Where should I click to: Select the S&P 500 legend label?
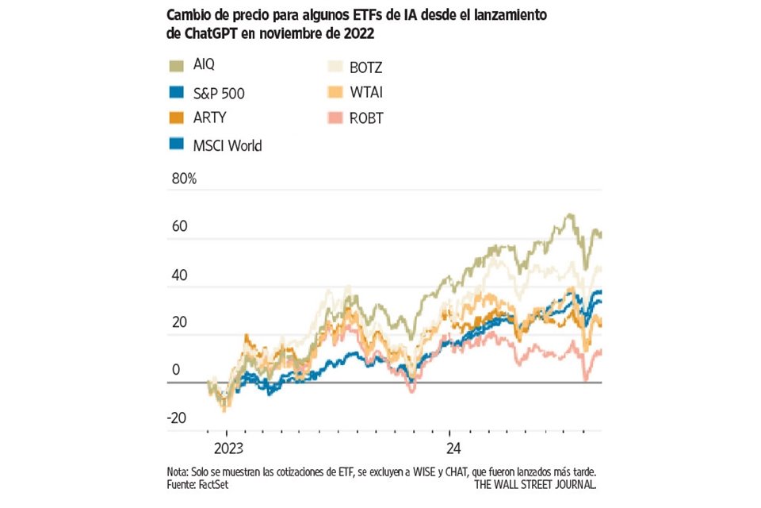point(220,93)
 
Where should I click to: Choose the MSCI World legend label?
point(228,145)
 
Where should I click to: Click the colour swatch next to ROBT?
point(336,119)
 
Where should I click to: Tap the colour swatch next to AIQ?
point(178,65)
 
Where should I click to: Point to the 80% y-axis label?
point(184,179)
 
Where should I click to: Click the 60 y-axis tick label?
point(179,227)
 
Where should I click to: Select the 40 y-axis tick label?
point(179,275)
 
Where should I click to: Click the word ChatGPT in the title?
point(206,34)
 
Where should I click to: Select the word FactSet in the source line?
point(213,483)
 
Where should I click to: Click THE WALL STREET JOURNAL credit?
point(535,483)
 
